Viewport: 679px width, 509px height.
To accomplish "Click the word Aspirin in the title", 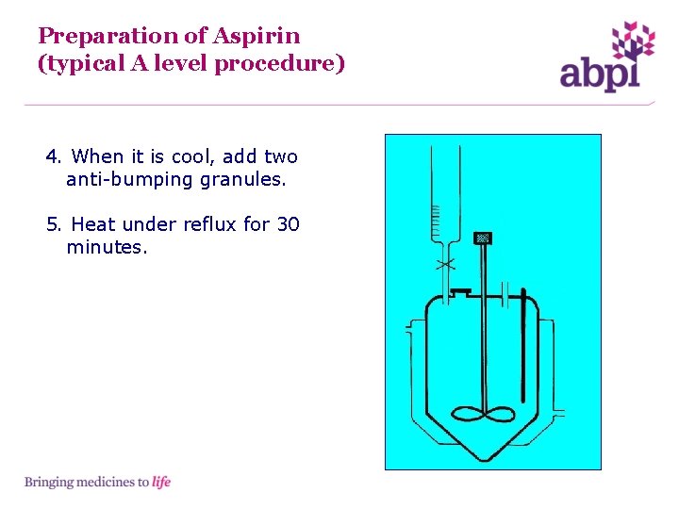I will [257, 37].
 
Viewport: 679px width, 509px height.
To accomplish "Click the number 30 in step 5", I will [288, 224].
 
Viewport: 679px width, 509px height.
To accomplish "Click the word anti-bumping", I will [129, 179].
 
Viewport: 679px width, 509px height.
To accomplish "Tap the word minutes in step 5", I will [107, 248].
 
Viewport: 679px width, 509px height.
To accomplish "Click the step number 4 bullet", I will [53, 156].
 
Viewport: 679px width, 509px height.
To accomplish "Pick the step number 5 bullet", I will [53, 224].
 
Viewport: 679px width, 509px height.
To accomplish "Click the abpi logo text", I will [599, 74].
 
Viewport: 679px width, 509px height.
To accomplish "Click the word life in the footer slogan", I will [161, 483].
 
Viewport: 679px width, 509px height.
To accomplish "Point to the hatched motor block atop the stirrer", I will [484, 238].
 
